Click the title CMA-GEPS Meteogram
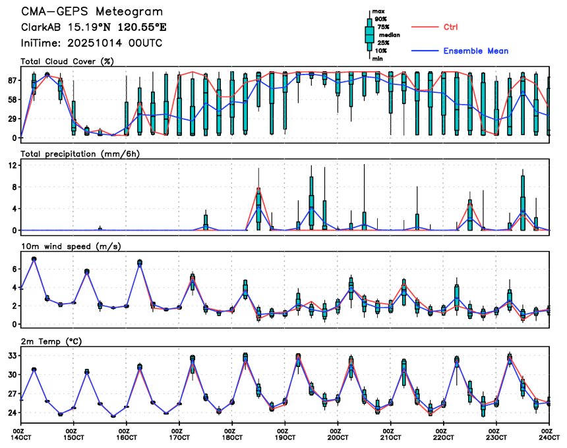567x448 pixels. tap(92, 12)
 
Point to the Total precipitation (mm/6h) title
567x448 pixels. tap(78, 154)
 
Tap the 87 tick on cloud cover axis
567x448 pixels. tap(12, 80)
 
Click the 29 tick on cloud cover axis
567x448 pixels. tap(12, 119)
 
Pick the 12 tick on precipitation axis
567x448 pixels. tap(12, 165)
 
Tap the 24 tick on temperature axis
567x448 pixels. tap(12, 412)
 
